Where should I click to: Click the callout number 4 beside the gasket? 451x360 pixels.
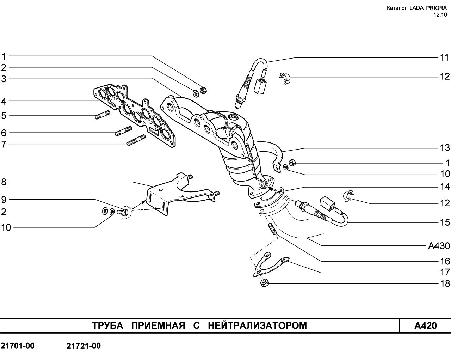click(x=4, y=102)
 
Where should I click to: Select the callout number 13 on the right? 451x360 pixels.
click(x=445, y=148)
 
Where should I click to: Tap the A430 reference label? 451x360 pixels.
click(x=439, y=246)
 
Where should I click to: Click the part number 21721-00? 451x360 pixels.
click(x=84, y=346)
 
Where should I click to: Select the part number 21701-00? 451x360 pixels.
click(x=18, y=346)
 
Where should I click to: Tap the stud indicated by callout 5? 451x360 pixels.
click(x=103, y=115)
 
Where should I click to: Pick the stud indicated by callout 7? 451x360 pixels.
click(x=136, y=140)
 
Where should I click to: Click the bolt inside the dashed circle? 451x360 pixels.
click(x=123, y=212)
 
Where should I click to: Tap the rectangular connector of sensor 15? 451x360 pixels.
click(x=326, y=203)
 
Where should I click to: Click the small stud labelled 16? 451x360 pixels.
click(x=272, y=229)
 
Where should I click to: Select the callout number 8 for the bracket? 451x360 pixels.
click(x=4, y=182)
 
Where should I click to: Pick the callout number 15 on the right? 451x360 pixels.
click(x=445, y=222)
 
